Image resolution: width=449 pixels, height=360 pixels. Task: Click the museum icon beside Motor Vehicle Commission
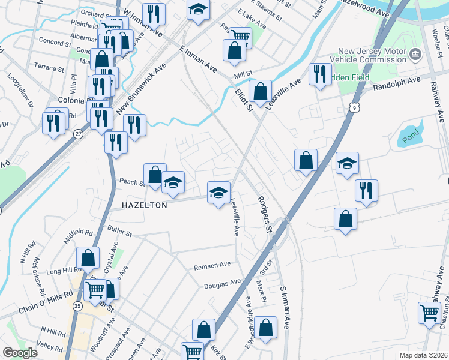coord(415,56)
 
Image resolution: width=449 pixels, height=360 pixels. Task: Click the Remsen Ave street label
coord(212,265)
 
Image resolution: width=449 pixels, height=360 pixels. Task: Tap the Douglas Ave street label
coord(222,282)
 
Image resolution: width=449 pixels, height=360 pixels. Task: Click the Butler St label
coord(119,229)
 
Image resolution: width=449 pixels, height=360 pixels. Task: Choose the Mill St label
coord(243,73)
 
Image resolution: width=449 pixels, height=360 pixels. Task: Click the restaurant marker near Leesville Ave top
coord(319,74)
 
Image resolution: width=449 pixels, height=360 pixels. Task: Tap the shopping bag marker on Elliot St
coord(260,92)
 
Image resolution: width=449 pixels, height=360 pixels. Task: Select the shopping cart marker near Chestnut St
coord(429,313)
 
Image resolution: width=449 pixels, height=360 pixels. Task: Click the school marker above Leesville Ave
coord(218,193)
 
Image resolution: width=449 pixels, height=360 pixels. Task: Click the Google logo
coord(20,353)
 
